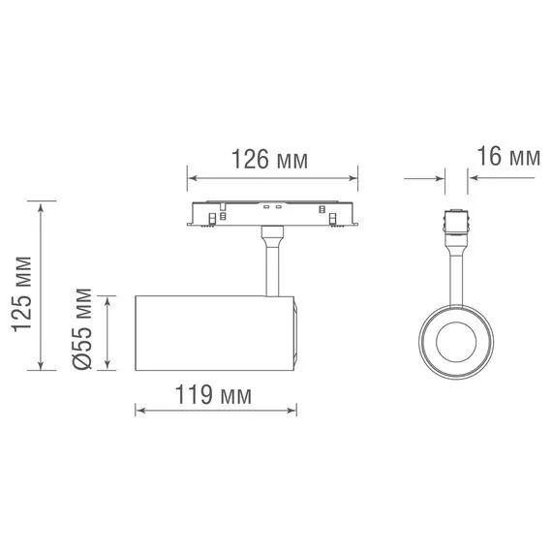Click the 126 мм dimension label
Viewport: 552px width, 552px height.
coord(269,160)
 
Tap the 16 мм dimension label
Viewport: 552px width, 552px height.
coord(508,156)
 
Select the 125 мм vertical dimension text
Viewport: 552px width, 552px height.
coord(22,294)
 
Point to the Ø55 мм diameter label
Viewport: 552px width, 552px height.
coord(82,329)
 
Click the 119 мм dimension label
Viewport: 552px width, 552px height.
coord(213,395)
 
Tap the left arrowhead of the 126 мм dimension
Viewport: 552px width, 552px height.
coord(192,178)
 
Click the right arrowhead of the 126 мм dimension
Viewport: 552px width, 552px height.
coord(353,178)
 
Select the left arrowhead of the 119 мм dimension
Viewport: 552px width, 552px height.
coord(140,411)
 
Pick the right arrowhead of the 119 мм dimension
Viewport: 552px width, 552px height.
coord(291,411)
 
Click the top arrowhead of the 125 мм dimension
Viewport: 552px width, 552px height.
coord(42,207)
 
